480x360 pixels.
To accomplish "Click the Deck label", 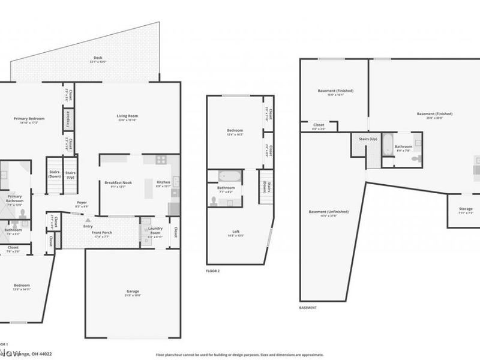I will (x=97, y=59).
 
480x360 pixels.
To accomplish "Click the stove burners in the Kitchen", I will (x=161, y=160).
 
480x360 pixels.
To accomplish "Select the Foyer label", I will (x=82, y=203).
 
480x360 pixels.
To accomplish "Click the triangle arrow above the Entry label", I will (x=88, y=220).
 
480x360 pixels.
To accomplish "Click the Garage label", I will (x=133, y=292).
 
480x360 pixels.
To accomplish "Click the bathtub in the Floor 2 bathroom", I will (x=230, y=176).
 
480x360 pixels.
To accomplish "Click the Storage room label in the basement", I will (x=466, y=209).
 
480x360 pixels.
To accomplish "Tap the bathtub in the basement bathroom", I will (x=387, y=146).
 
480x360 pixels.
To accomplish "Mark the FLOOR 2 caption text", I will (x=213, y=271).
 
